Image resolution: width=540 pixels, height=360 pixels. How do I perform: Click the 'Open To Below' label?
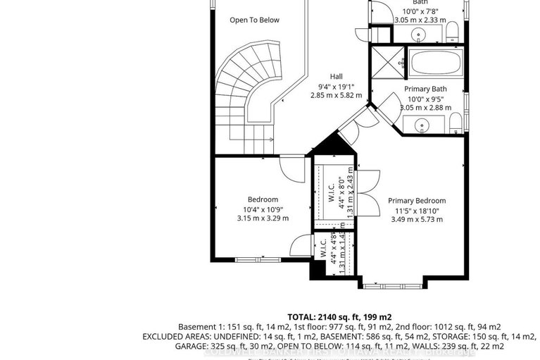tap(254, 20)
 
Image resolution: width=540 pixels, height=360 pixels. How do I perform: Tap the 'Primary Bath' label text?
tap(425, 89)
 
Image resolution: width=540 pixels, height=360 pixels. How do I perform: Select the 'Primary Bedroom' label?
tap(417, 200)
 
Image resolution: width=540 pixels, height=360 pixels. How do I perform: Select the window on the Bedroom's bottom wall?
tap(256, 260)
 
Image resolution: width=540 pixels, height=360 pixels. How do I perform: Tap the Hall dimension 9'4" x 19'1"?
tap(339, 86)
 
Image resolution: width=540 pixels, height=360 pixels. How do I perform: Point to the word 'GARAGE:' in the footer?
tap(163, 347)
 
